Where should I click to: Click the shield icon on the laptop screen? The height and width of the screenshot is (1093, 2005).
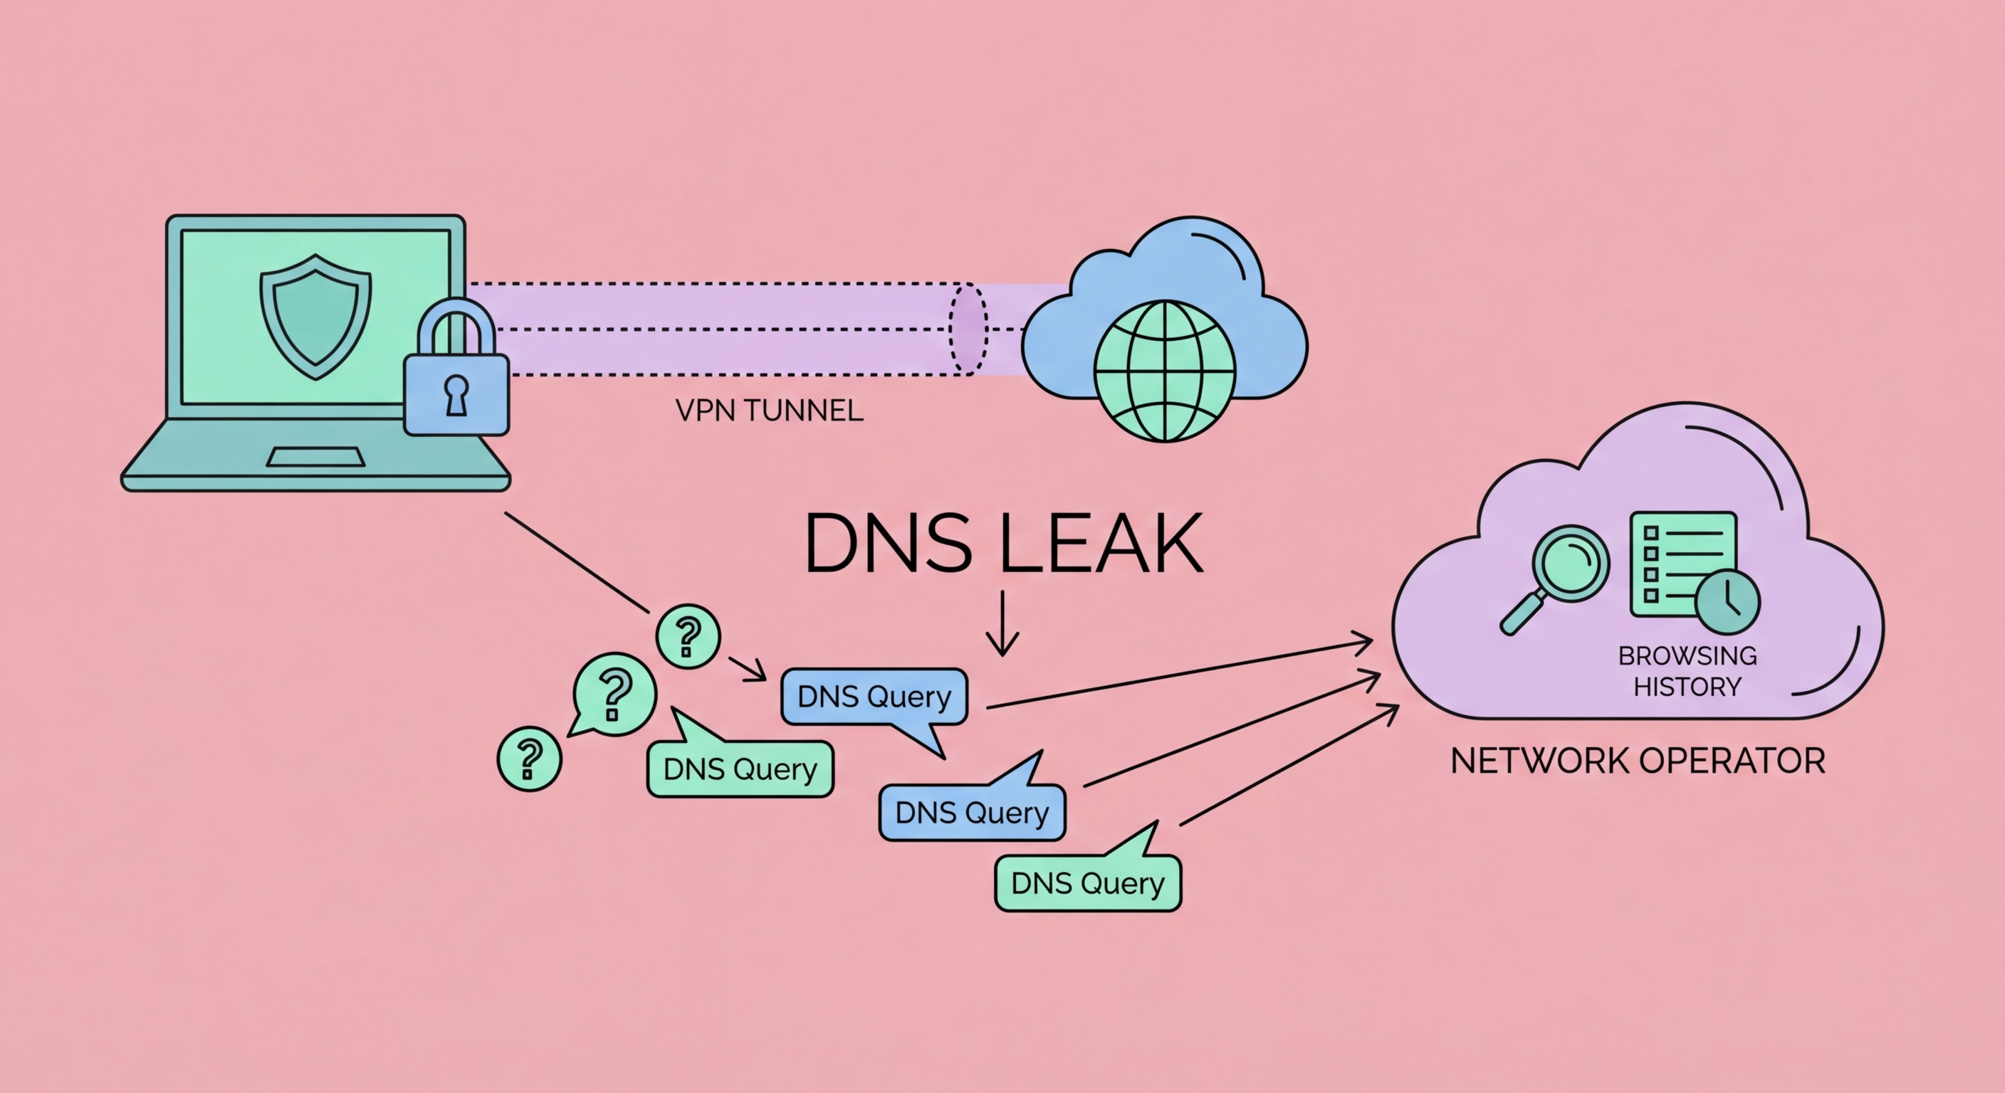[315, 315]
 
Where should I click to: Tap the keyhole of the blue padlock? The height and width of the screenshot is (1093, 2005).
[456, 394]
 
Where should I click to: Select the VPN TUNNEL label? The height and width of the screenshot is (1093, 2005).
[769, 411]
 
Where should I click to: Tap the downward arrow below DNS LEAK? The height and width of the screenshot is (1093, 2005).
[1002, 623]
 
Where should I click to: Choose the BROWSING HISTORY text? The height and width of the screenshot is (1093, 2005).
[1687, 670]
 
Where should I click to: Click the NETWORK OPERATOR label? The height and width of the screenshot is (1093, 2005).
[1638, 761]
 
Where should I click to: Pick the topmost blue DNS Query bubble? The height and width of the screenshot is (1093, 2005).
[874, 696]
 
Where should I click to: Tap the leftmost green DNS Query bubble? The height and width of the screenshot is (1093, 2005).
[740, 769]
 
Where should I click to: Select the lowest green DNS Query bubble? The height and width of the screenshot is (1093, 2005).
[1087, 883]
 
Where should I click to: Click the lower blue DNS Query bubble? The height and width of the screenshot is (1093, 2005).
[971, 812]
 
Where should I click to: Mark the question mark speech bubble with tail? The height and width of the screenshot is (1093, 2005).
[614, 692]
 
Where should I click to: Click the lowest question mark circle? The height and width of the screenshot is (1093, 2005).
[529, 759]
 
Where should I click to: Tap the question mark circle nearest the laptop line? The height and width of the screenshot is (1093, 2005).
[688, 636]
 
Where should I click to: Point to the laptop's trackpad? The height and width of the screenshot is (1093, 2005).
[315, 458]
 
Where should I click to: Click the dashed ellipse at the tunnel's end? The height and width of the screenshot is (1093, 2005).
[968, 329]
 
